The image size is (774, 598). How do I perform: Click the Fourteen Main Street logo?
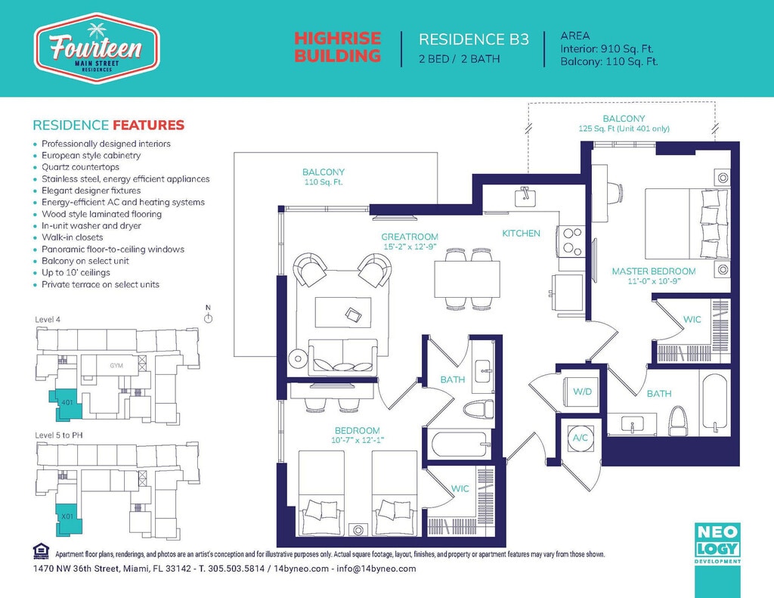96,48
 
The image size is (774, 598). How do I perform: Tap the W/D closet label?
583,392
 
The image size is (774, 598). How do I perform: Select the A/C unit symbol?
580,438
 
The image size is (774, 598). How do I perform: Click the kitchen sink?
526,197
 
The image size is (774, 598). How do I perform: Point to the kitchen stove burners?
571,240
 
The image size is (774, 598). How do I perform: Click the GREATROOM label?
410,237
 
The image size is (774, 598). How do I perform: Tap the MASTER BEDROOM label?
654,271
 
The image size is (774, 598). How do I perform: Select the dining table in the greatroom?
467,278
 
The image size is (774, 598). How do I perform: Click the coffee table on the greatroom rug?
343,312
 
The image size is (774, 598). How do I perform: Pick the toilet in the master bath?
676,422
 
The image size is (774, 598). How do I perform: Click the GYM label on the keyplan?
116,365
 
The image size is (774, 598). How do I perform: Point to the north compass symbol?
209,314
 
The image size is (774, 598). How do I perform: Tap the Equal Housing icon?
41,551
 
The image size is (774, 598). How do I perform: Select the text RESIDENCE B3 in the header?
474,39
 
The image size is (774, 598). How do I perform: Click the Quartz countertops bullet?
80,167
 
